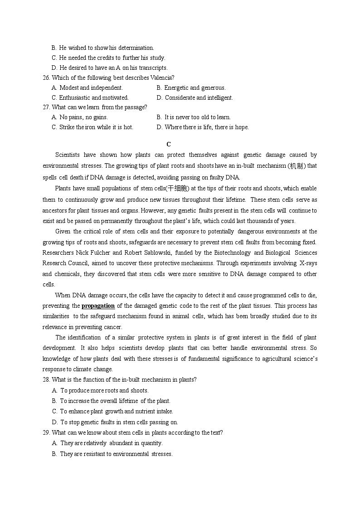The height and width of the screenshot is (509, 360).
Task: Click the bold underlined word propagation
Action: click(98, 305)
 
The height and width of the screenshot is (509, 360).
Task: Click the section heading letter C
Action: click(169, 144)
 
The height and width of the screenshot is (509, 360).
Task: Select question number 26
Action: click(46, 78)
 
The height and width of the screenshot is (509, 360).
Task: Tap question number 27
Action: click(46, 107)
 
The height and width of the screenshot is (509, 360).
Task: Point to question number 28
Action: click(46, 379)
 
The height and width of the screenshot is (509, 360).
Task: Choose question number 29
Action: click(46, 432)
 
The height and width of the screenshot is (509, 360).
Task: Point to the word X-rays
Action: click(307, 263)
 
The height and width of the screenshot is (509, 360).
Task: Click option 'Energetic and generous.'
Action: click(195, 87)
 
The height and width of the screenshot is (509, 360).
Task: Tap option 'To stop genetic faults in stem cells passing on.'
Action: click(119, 422)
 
